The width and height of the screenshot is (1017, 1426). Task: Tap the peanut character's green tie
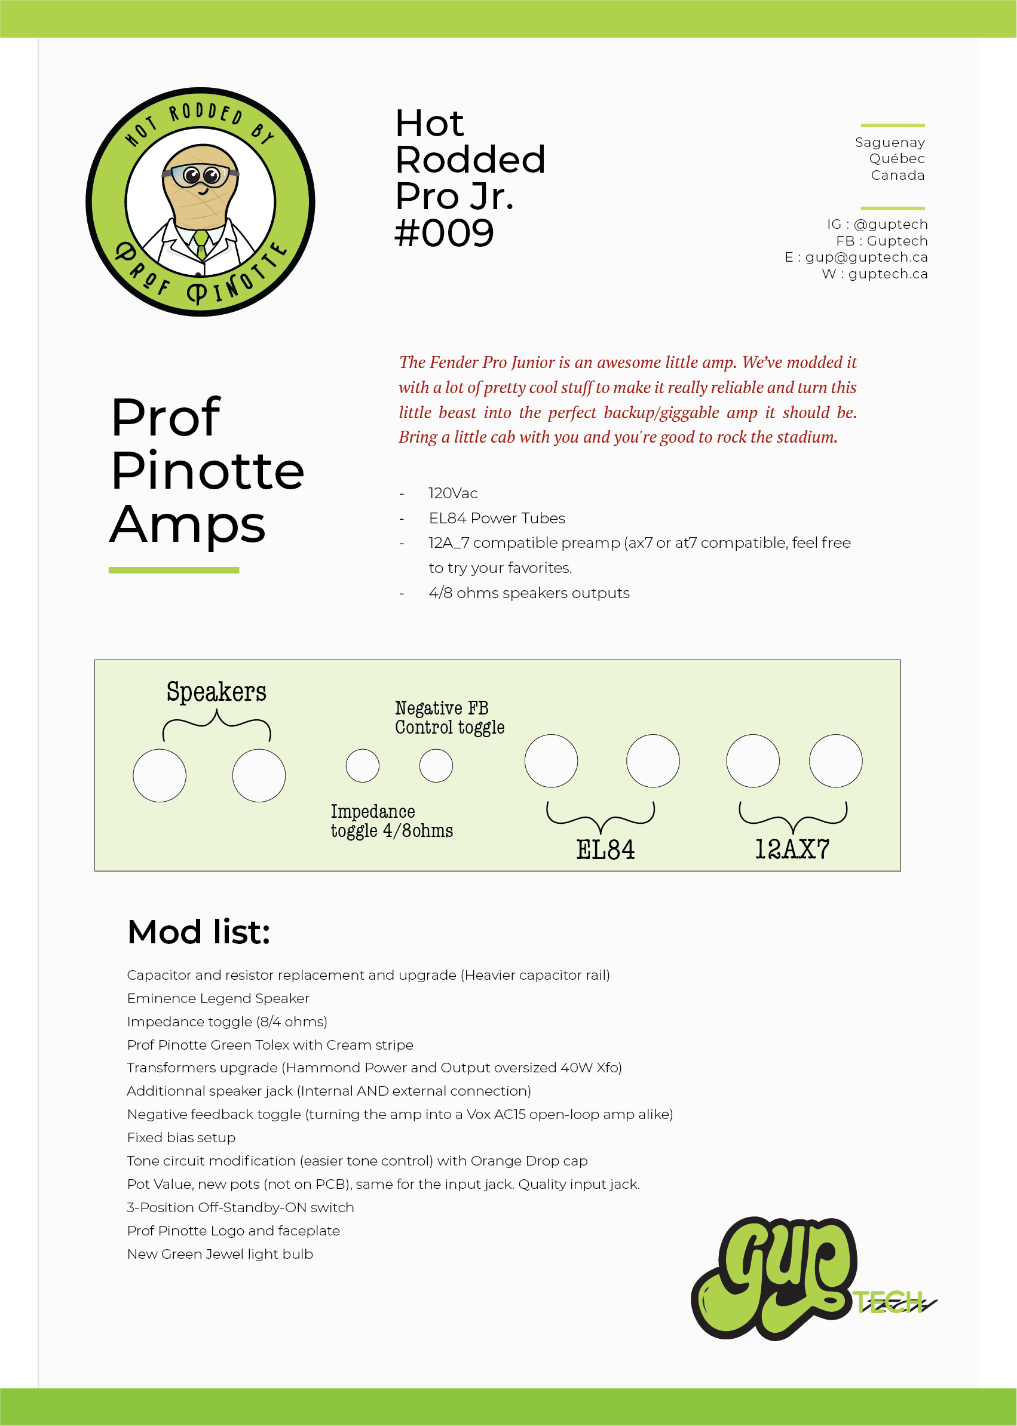201,244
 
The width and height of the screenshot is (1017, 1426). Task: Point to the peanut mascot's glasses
200,175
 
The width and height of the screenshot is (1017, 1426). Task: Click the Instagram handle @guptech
890,224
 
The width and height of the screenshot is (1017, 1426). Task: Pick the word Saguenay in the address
889,143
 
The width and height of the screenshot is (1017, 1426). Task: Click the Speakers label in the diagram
216,692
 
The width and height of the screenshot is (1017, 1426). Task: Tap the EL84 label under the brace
605,850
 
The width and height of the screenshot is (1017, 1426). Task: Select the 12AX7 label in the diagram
792,850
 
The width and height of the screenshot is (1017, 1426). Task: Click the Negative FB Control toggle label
449,718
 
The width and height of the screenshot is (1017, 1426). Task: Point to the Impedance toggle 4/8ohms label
391,821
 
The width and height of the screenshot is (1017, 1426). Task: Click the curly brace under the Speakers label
217,725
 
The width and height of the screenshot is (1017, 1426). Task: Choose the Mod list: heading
198,932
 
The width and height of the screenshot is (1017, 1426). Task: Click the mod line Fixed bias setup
181,1137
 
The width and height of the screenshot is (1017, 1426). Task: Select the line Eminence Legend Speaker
218,998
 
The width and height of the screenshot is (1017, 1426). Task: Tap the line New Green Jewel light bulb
220,1254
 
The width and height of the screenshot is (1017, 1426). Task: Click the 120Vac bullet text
453,493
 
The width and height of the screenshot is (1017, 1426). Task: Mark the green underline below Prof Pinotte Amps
173,571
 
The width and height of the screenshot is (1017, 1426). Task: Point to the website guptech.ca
887,274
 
